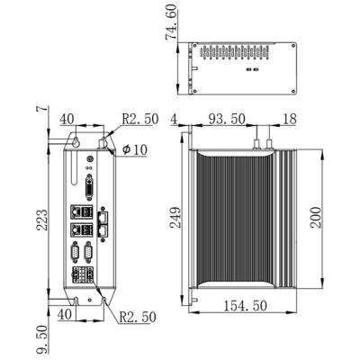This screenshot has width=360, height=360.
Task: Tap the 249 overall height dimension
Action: click(176, 217)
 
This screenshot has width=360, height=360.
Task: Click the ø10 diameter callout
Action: click(134, 148)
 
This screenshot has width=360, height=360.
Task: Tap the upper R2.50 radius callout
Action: click(139, 117)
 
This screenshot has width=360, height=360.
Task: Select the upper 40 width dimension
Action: click(67, 118)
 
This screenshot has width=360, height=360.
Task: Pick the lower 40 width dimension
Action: click(65, 314)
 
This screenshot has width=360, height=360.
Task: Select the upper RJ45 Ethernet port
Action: click(104, 216)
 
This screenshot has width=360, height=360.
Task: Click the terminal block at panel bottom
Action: click(87, 274)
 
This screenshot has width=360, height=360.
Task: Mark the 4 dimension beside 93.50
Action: click(173, 117)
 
